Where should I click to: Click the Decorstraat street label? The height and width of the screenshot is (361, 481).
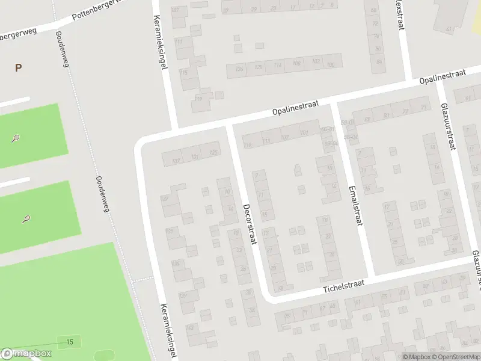250,224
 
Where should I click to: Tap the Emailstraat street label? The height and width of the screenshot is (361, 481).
355,205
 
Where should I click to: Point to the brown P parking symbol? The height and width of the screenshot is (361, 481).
18,68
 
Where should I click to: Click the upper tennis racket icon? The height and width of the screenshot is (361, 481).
14,138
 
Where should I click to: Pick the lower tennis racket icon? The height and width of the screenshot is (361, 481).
26,219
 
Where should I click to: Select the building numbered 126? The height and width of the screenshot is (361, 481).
239,69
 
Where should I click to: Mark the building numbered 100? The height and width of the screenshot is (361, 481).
330,64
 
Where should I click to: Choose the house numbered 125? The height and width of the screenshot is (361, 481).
213,153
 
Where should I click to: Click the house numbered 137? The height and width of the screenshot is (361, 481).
176,160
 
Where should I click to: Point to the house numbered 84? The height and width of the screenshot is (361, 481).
378,61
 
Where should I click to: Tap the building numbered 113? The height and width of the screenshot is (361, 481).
266,141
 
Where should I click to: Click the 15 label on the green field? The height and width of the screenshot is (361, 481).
70,342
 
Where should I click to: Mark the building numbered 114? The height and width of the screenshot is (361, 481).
277,66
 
